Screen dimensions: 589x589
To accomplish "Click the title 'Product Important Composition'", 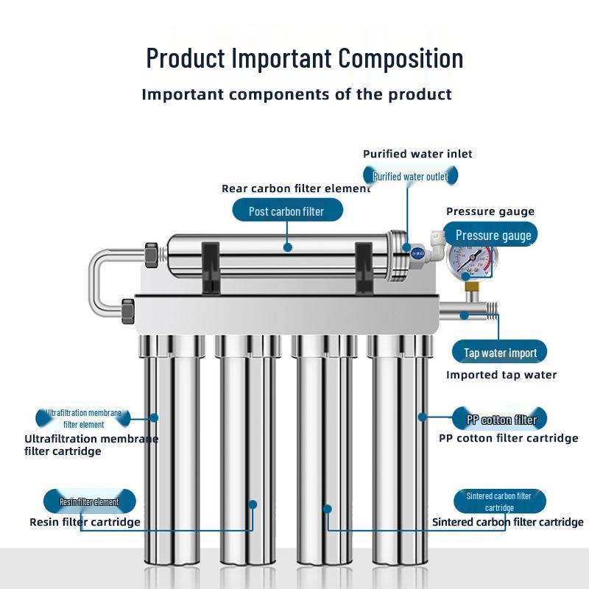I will (304, 57).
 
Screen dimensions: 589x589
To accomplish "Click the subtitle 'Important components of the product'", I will (296, 94).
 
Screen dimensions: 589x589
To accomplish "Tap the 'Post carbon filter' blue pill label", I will (286, 211).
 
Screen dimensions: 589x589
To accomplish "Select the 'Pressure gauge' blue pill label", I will (493, 236).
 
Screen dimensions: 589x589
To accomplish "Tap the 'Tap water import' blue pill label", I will (500, 353).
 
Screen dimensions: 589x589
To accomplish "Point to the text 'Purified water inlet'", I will (417, 154).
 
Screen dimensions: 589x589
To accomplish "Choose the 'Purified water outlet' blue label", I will (410, 176).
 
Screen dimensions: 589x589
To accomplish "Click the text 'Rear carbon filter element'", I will (296, 188).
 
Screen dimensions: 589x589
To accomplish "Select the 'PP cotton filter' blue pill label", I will (501, 420).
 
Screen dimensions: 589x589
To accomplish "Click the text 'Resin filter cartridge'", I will (85, 522).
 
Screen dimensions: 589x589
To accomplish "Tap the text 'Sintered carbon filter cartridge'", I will (507, 522).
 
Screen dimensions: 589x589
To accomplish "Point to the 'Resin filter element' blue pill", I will (89, 501).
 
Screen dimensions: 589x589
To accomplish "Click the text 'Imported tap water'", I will (501, 375).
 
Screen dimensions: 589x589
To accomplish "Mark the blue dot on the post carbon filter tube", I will (288, 247).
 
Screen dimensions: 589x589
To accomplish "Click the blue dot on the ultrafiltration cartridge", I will (154, 417).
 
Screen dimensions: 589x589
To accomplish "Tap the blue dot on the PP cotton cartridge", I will (422, 417).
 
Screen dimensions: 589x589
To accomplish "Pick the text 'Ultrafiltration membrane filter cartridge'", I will (91, 445).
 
